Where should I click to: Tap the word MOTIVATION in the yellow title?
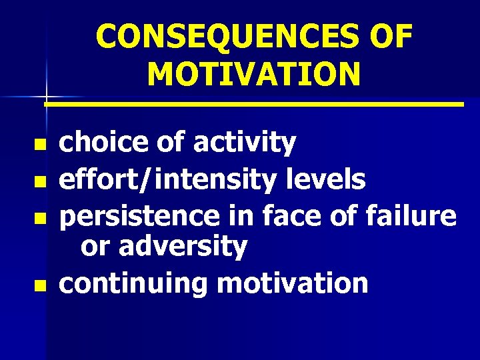[254, 74]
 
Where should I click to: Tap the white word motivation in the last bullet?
[293, 283]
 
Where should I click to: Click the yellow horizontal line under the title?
[254, 105]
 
